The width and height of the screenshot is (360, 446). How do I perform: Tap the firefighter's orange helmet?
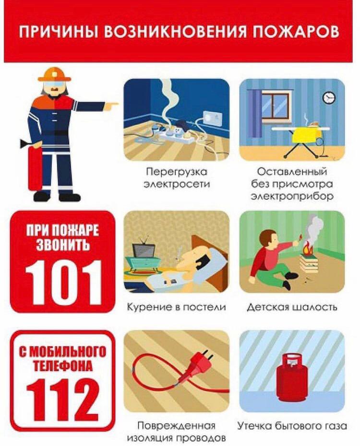click(x=54, y=74)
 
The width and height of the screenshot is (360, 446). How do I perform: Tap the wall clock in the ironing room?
click(x=328, y=97)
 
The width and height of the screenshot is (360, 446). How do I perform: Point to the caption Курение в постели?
click(x=176, y=307)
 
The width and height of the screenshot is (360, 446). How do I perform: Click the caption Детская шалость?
click(x=292, y=307)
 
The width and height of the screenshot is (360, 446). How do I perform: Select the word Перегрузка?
click(x=177, y=172)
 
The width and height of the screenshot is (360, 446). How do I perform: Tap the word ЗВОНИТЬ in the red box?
click(x=62, y=245)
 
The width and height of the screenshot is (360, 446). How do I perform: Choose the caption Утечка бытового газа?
click(x=292, y=426)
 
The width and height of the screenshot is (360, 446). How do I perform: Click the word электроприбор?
click(x=292, y=196)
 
